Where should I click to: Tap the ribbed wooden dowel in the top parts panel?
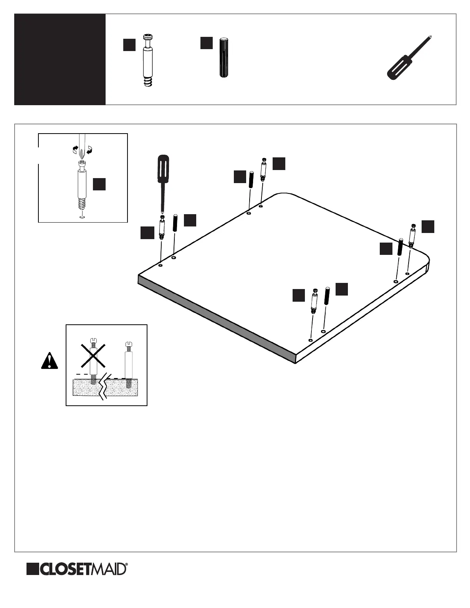(x=223, y=58)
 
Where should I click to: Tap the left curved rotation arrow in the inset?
(x=76, y=149)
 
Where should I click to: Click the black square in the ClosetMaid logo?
(x=33, y=569)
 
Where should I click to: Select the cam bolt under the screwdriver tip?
(x=162, y=228)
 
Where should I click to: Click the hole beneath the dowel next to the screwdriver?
(x=174, y=258)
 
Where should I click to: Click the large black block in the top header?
(x=60, y=59)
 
